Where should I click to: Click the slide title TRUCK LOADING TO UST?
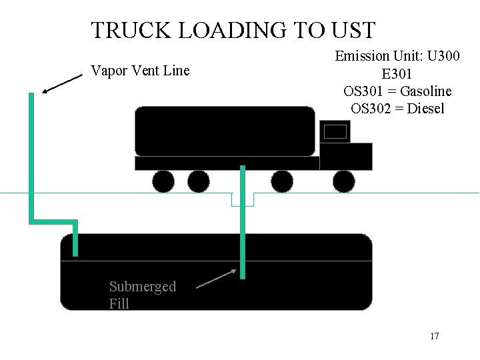(x=233, y=30)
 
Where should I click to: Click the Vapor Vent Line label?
(x=140, y=71)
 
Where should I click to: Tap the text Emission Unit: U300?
(x=397, y=56)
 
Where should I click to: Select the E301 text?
(x=397, y=74)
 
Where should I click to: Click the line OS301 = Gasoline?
(x=397, y=91)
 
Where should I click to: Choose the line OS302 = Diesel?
(x=397, y=109)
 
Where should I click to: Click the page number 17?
(x=435, y=336)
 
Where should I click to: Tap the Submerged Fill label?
(x=142, y=295)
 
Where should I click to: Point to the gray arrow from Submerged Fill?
(x=217, y=279)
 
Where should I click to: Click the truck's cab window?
(x=335, y=131)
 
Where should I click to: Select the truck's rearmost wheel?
(x=163, y=181)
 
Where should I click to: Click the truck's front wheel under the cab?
(x=344, y=181)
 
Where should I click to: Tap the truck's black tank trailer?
(x=225, y=131)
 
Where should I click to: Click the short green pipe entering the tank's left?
(x=75, y=238)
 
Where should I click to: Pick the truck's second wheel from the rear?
(x=199, y=181)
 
